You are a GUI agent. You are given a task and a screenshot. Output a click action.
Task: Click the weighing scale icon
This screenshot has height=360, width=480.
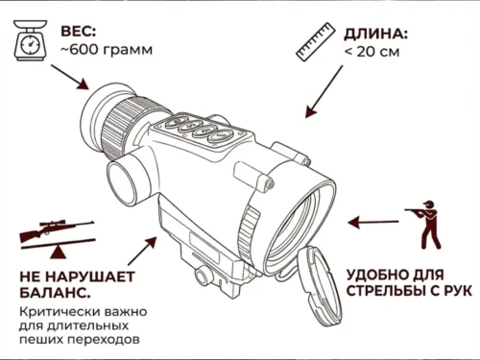tap(30, 40)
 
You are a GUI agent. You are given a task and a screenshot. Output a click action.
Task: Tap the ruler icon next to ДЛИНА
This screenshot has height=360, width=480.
tap(315, 42)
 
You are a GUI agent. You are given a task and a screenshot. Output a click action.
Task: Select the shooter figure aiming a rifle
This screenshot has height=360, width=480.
tap(424, 225)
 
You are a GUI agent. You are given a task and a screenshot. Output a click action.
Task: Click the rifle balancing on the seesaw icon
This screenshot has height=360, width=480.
tap(58, 238)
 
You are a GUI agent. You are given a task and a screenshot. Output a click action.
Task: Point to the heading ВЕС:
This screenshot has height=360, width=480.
tap(79, 32)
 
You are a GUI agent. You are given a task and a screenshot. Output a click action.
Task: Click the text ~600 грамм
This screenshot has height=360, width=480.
tap(107, 50)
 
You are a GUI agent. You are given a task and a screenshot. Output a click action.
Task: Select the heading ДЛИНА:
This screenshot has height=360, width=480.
tap(375, 35)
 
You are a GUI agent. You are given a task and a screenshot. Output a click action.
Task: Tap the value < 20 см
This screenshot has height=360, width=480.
tap(372, 52)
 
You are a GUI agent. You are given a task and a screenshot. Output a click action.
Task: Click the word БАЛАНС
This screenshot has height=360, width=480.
tap(55, 292)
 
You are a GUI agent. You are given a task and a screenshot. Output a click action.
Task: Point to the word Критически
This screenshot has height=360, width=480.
tap(56, 311)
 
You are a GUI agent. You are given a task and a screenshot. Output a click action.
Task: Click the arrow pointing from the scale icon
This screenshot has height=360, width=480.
tap(70, 77)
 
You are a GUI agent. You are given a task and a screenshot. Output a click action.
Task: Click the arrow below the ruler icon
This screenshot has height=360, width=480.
tap(324, 92)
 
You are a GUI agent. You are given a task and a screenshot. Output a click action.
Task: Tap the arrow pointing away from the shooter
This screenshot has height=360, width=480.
tap(373, 222)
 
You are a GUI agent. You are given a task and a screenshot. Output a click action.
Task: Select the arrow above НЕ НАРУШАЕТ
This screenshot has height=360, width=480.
tap(142, 251)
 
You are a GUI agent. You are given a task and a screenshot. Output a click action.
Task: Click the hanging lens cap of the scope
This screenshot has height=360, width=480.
tap(320, 286)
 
